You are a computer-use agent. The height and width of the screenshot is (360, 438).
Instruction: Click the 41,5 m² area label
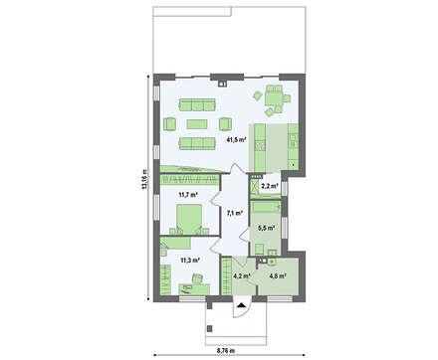click(236, 140)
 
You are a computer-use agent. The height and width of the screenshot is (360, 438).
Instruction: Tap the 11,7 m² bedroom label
click(188, 195)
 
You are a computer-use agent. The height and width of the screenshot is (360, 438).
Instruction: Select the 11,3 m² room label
click(189, 260)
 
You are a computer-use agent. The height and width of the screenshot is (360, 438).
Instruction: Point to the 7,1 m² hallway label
click(235, 213)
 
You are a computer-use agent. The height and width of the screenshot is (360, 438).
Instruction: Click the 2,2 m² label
click(270, 186)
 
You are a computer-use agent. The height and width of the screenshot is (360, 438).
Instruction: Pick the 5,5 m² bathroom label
click(266, 228)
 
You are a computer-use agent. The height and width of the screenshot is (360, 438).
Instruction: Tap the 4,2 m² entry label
click(241, 275)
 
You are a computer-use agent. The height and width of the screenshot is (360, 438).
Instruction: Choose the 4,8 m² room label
click(278, 275)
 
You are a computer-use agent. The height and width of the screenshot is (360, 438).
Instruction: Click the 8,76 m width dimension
click(226, 350)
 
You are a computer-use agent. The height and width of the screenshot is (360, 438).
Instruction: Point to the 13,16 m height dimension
click(144, 179)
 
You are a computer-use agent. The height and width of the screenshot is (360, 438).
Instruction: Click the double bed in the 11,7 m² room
click(189, 219)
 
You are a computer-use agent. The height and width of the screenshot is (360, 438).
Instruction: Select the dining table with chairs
click(274, 98)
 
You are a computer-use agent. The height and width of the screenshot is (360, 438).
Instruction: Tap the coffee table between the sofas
click(197, 124)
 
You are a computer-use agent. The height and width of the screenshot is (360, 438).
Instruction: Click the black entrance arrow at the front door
click(242, 305)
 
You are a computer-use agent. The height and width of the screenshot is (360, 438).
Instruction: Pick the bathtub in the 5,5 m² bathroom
click(266, 207)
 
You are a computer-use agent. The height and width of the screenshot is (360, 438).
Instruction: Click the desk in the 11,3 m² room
click(194, 288)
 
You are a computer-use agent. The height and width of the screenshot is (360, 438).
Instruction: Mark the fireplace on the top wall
click(222, 84)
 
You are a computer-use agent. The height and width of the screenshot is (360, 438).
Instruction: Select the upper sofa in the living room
click(197, 104)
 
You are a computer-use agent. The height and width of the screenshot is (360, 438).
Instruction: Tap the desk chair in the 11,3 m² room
click(198, 278)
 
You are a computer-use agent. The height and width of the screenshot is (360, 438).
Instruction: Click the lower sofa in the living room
click(197, 143)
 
